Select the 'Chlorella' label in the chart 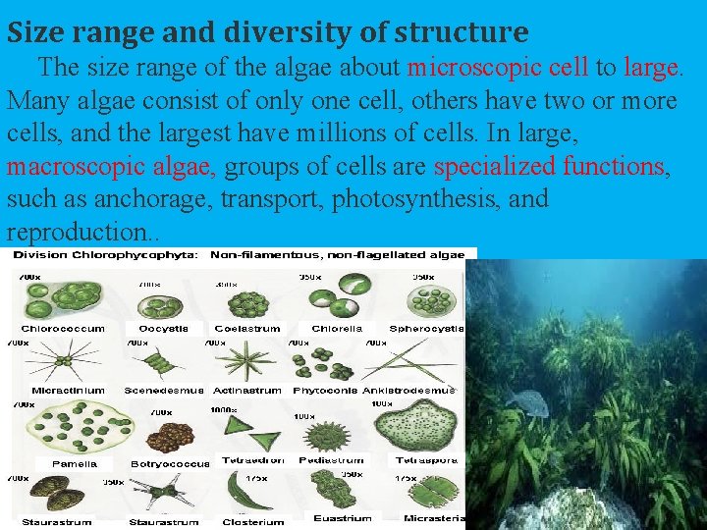[x=337, y=329]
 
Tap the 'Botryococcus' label [x=170, y=463]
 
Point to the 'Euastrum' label [x=343, y=518]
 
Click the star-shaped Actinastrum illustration [x=239, y=366]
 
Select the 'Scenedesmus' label [x=164, y=390]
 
